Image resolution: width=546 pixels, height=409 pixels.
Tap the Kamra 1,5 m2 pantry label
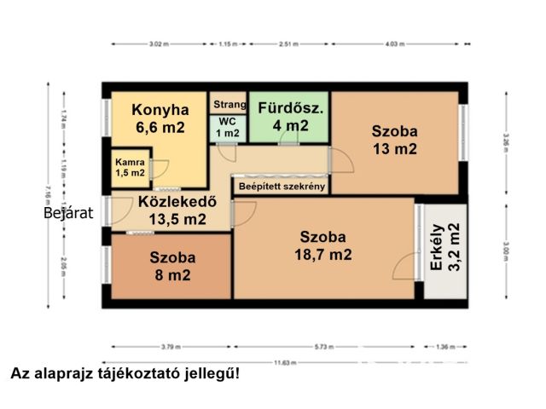coord(131,167)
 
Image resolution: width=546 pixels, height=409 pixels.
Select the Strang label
coord(229,106)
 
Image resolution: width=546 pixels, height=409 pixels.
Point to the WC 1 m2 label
coord(226,128)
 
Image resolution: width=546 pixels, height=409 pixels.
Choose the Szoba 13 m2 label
coord(394,140)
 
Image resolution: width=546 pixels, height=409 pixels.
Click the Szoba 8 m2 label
coord(172,266)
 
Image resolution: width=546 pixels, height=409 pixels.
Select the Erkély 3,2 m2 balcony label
coord(445,247)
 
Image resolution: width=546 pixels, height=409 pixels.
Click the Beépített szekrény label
coord(282,186)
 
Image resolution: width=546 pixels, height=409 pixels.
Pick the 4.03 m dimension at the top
coord(394,43)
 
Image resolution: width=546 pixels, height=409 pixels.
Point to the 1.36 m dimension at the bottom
coord(445,347)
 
